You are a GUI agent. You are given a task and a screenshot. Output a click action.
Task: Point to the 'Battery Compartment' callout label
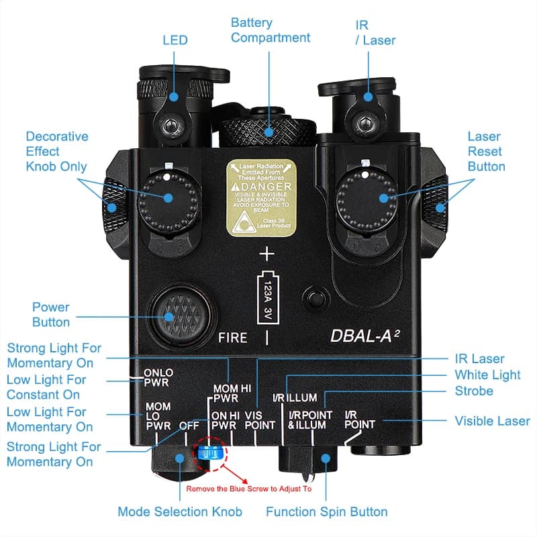270,30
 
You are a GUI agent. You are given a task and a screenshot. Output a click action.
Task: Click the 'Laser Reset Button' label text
486,151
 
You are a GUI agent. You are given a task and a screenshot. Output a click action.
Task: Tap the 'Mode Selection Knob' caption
179,511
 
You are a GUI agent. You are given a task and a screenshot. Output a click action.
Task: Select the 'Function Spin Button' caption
326,511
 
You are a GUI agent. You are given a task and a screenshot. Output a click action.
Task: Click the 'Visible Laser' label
492,421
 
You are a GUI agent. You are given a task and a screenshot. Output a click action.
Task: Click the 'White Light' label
487,375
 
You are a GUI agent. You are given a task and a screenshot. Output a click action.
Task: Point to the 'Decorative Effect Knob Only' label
56,151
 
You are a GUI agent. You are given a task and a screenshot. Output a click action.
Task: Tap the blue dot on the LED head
173,97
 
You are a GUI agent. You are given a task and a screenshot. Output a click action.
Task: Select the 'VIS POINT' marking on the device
260,420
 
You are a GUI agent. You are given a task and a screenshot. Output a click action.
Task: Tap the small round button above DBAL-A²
314,297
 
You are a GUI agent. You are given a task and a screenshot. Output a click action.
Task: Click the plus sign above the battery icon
267,254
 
